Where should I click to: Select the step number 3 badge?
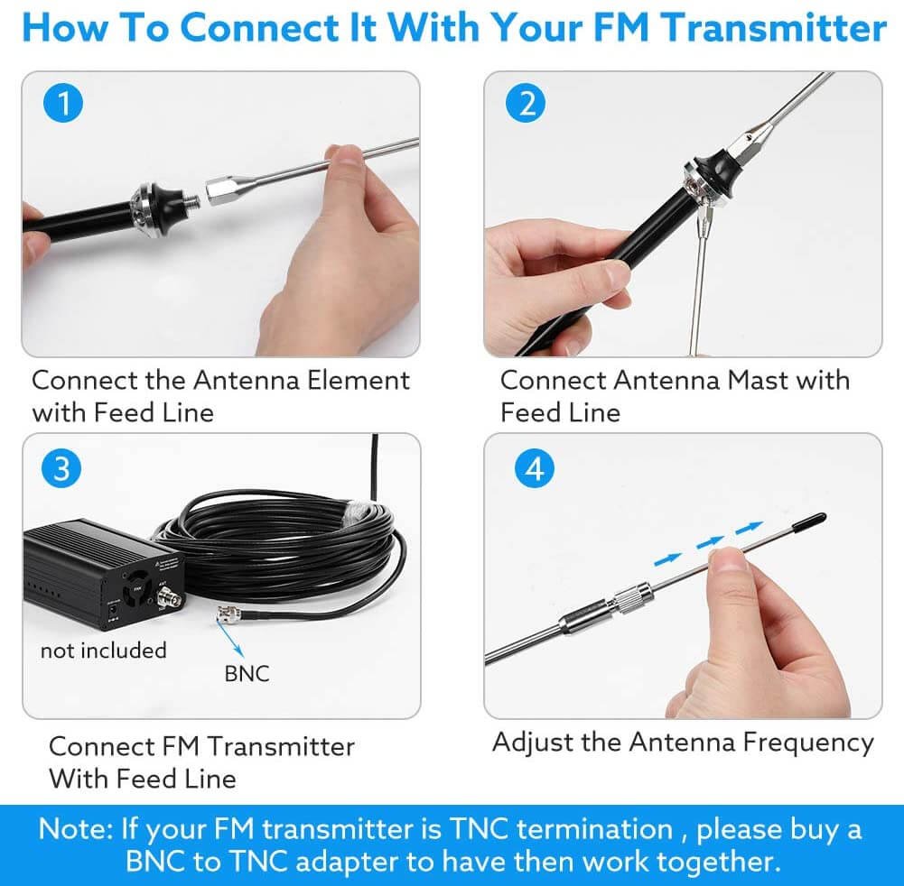[x=61, y=468]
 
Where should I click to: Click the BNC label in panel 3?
[x=247, y=673]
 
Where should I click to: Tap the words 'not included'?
[x=103, y=650]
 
